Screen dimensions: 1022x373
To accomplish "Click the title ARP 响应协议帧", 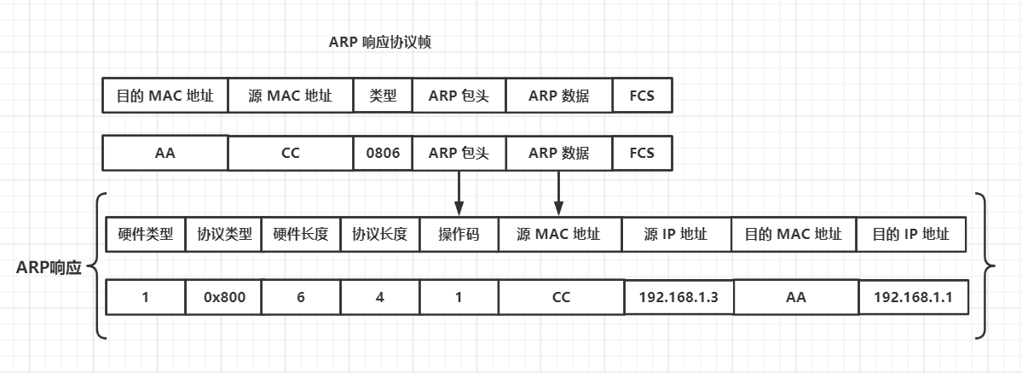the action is point(380,43).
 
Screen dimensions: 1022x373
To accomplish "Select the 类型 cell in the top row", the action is point(383,96).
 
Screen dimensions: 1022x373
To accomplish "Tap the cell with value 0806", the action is point(383,153).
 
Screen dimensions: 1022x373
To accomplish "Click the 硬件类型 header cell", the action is point(146,234).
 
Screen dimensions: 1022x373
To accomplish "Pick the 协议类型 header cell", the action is point(224,234).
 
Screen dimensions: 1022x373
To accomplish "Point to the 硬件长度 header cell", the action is point(301,234).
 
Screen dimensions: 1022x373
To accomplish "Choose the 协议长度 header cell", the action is point(379,234).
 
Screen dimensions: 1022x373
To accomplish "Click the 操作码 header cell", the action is point(459,234).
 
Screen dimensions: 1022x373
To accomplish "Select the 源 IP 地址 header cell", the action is point(677,234).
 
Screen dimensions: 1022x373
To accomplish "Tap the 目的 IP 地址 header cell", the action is point(910,234).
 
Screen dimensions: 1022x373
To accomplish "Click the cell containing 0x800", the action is point(224,297).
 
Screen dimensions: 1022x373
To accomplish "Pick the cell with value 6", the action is point(301,297).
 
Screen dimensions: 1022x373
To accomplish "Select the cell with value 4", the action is point(379,297).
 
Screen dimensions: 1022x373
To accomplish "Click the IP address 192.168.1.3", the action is point(678,297).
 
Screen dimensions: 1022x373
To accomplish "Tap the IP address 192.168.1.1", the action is point(913,297).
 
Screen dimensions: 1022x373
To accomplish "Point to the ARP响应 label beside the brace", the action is point(49,268).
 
